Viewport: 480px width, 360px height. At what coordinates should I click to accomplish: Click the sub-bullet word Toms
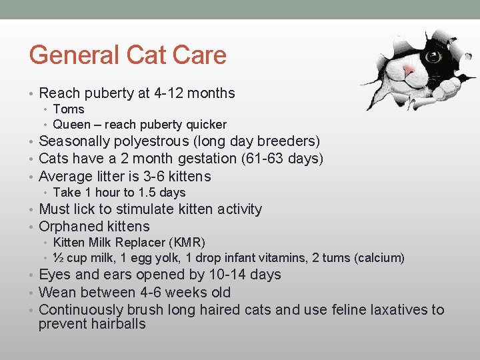(69, 109)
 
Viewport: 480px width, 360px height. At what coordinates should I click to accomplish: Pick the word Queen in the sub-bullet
(71, 125)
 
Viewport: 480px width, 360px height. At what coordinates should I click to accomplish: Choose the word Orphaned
(68, 227)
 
